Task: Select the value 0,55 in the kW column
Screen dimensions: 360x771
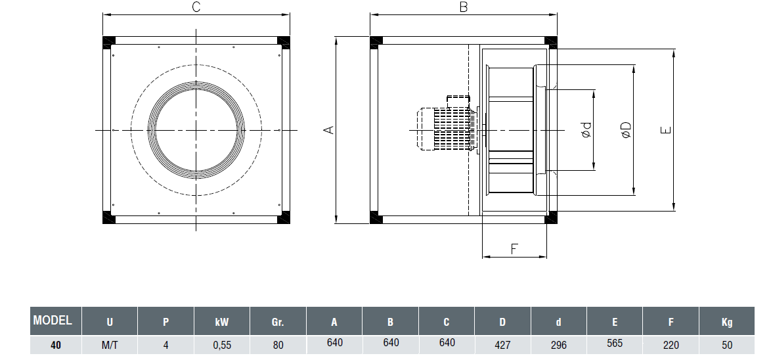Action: point(222,344)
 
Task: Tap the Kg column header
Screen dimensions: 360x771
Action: point(727,322)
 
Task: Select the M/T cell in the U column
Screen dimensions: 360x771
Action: point(110,344)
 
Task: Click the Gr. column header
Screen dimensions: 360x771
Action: point(278,322)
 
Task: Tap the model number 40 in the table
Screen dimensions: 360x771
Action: point(56,344)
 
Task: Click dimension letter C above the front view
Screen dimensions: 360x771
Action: point(196,7)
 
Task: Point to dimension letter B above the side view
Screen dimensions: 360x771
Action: point(463,7)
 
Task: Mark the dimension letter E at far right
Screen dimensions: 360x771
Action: point(666,130)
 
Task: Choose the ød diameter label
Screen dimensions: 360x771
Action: point(586,130)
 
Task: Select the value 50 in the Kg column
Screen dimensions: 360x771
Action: point(727,344)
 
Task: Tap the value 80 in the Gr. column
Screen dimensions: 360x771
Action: point(278,344)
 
